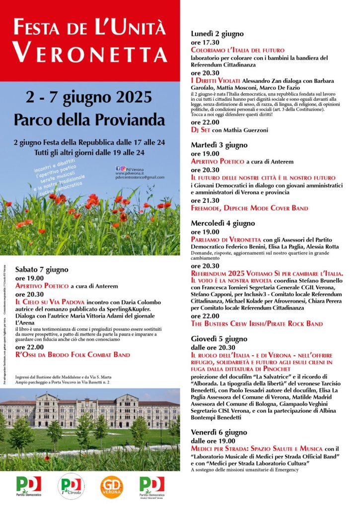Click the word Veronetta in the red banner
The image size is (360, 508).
point(89,52)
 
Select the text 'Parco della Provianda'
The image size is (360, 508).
point(89,120)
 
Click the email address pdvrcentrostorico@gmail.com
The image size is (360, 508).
point(140,177)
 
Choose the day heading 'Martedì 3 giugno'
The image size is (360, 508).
point(219,145)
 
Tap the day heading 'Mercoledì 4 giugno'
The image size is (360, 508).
point(223,223)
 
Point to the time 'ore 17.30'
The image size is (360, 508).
point(204,42)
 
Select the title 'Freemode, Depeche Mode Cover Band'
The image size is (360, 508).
point(249,208)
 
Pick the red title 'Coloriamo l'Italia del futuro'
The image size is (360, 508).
point(237,50)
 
